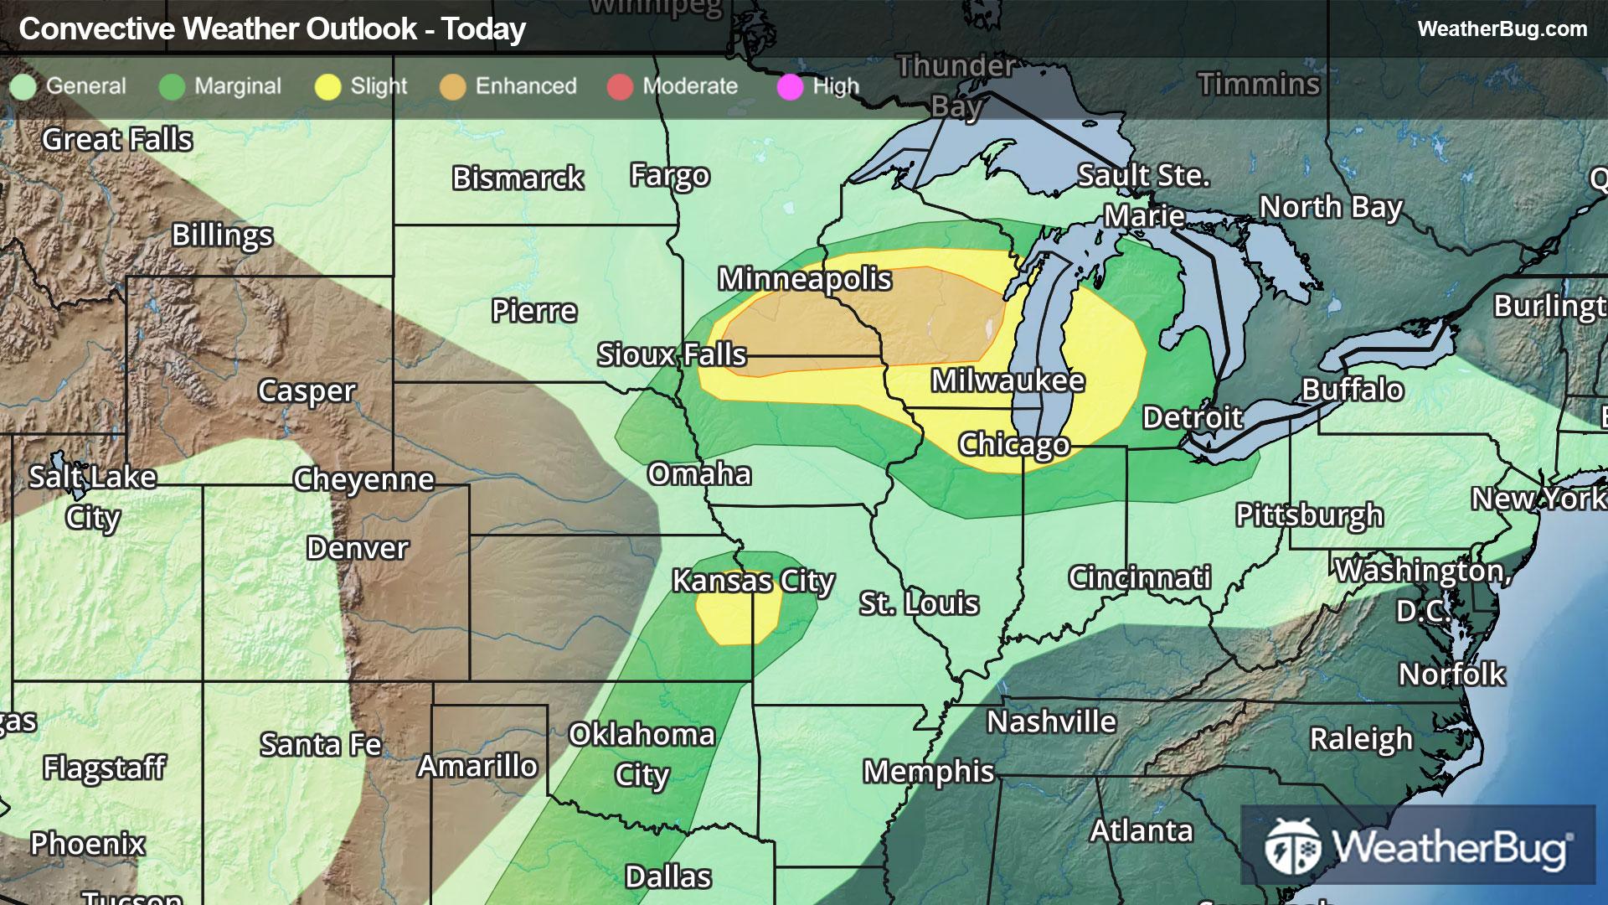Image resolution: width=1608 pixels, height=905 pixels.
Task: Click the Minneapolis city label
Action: (x=804, y=279)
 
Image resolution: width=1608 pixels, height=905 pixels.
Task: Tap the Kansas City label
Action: (x=753, y=581)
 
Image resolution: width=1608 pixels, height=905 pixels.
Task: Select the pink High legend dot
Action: (x=790, y=87)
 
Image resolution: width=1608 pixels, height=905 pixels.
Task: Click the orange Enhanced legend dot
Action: (x=452, y=87)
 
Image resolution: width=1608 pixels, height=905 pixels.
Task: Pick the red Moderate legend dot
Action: (x=620, y=87)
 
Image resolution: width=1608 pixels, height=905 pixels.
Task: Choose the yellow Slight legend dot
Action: (x=327, y=87)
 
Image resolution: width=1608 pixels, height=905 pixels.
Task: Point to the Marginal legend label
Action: (x=237, y=86)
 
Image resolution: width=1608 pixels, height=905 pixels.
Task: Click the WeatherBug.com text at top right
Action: (x=1502, y=28)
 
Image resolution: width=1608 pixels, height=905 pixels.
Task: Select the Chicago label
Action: (x=1013, y=444)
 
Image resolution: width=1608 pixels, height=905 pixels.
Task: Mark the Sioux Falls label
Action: (x=671, y=354)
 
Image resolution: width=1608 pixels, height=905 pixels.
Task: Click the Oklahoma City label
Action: (x=642, y=754)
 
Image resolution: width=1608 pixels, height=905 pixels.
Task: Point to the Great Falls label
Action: (x=117, y=140)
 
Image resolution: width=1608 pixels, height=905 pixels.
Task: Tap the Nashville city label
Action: (x=1051, y=721)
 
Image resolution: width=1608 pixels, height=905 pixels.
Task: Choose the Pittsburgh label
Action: (x=1309, y=515)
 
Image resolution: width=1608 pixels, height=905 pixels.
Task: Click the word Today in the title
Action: (x=483, y=29)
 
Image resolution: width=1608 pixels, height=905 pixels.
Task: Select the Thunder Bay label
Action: (x=956, y=86)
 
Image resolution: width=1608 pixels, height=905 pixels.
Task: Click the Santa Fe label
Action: (x=321, y=744)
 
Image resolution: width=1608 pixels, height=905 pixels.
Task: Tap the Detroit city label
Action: (x=1193, y=417)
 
